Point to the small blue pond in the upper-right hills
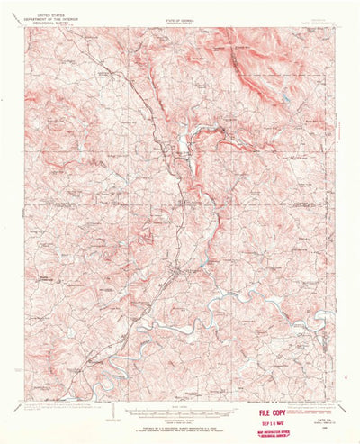coord(285,97)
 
